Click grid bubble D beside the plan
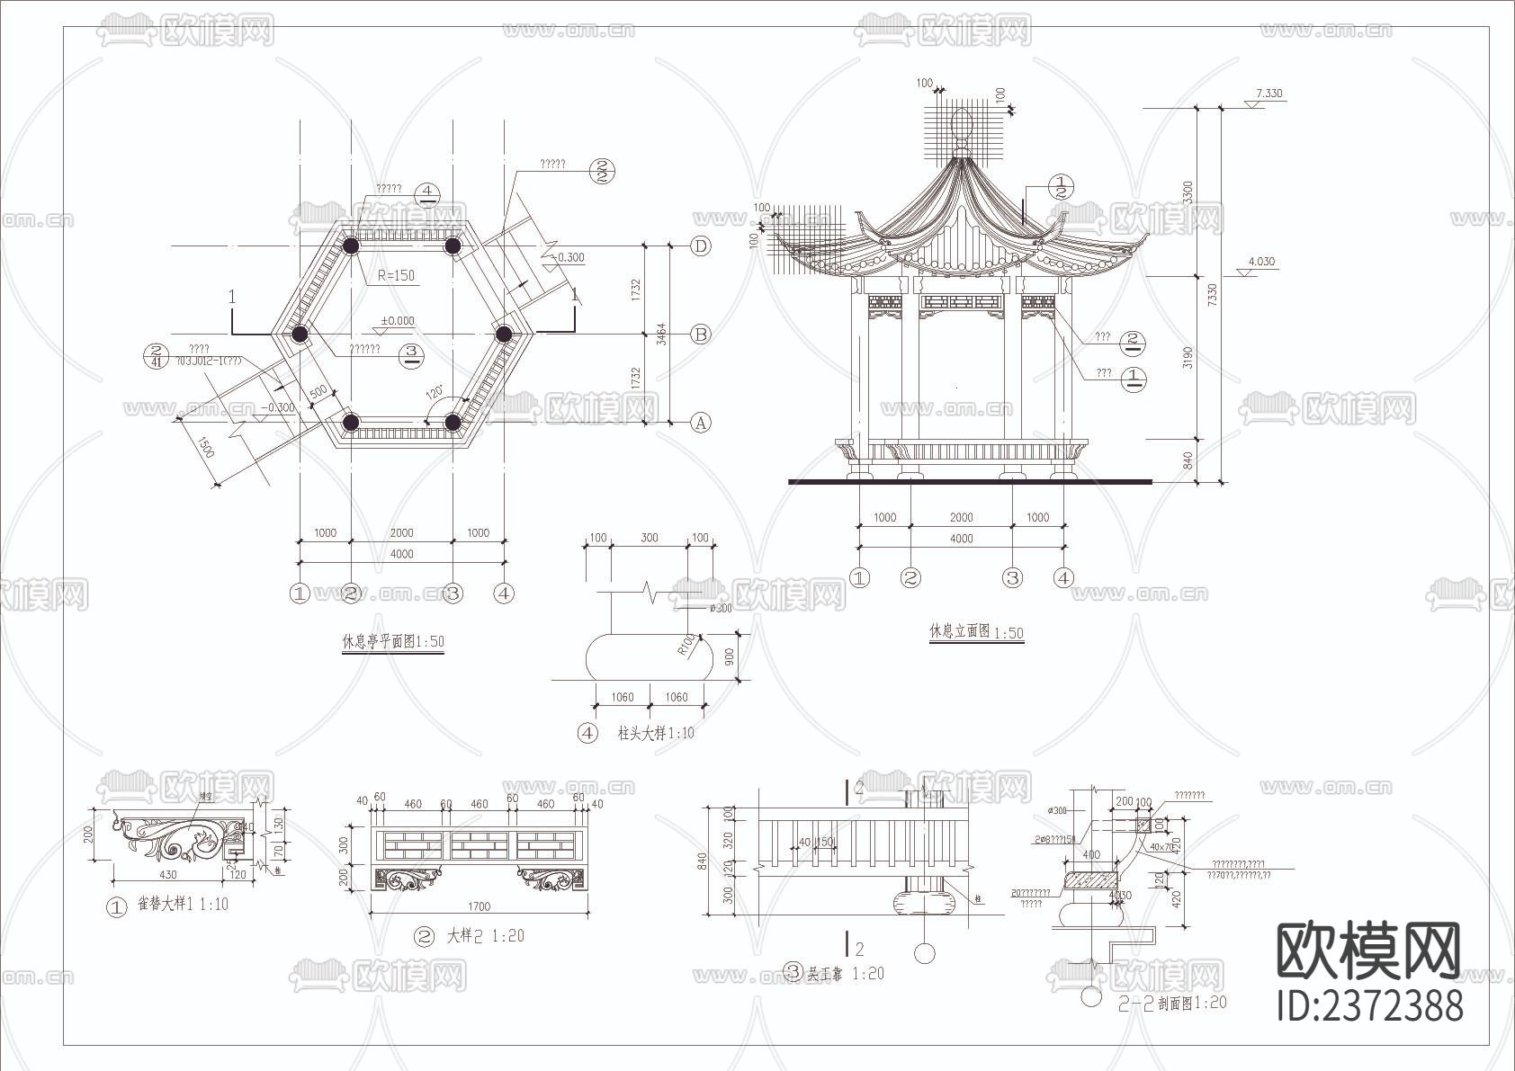click(700, 245)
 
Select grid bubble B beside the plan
click(700, 334)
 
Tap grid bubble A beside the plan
click(700, 423)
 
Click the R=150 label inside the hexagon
click(396, 275)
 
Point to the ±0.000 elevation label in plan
click(397, 320)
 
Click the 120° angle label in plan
click(435, 393)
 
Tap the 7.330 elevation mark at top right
click(1268, 93)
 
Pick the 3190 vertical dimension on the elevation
click(1188, 357)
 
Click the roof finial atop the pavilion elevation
click(961, 126)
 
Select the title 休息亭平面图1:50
click(393, 642)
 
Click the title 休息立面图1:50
click(976, 632)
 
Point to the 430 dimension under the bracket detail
click(167, 873)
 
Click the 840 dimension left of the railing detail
click(702, 861)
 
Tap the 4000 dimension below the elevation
click(962, 538)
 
